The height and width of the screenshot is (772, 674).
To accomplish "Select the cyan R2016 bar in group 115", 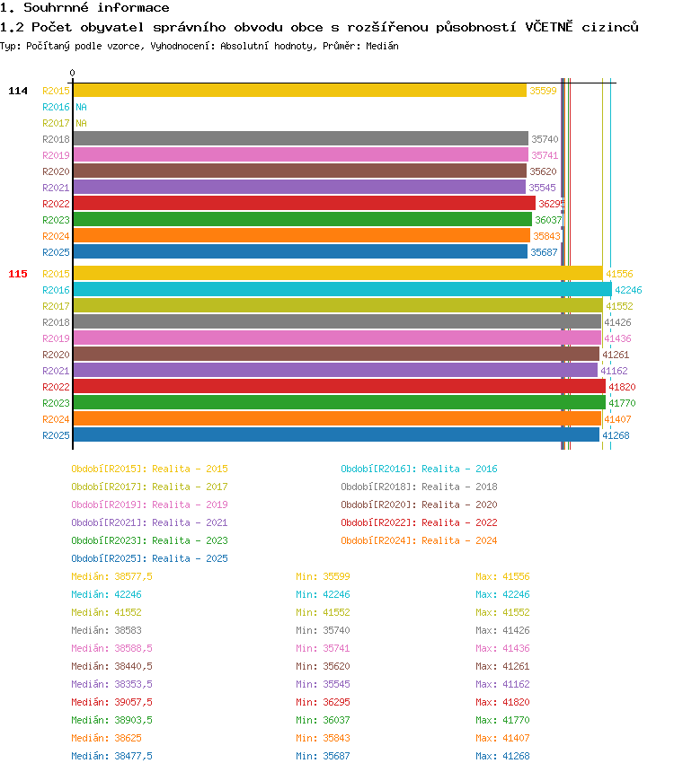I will point(341,290).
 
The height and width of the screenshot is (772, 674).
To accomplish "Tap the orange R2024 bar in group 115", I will point(337,419).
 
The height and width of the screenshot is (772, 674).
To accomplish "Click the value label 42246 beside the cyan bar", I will point(628,290).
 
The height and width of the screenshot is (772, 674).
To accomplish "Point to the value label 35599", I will point(543,91).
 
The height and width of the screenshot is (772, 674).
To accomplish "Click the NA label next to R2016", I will point(81,107).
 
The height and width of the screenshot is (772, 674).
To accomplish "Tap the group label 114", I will point(18,91).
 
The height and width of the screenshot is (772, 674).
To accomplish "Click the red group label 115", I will point(18,274).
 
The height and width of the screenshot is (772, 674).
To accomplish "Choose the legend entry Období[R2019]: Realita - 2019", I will point(149,504).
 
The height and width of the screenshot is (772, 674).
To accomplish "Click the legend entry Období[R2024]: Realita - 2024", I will point(419,540).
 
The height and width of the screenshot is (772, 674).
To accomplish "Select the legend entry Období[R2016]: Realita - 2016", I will point(419,469).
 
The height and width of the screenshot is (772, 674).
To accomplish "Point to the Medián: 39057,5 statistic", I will point(111,702).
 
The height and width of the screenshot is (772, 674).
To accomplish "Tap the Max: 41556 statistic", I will point(502,576).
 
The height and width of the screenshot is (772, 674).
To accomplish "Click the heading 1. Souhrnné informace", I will point(84,8).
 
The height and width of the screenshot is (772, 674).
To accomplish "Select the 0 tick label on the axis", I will point(73,74).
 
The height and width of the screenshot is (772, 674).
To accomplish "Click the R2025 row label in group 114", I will point(56,252).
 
